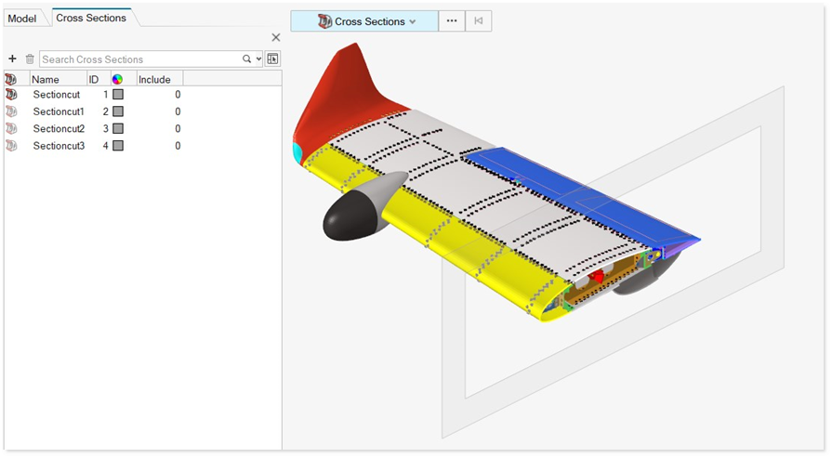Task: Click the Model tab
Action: pos(21,19)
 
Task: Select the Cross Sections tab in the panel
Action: pos(91,18)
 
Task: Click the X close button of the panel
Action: pos(276,38)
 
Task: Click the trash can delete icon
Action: pos(30,59)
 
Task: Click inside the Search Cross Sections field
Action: pos(140,59)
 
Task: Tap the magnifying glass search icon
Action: pos(246,59)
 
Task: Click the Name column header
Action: pos(46,80)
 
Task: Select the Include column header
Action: pos(154,80)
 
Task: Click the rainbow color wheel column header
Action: pos(117,80)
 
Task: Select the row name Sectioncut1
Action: pos(59,111)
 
